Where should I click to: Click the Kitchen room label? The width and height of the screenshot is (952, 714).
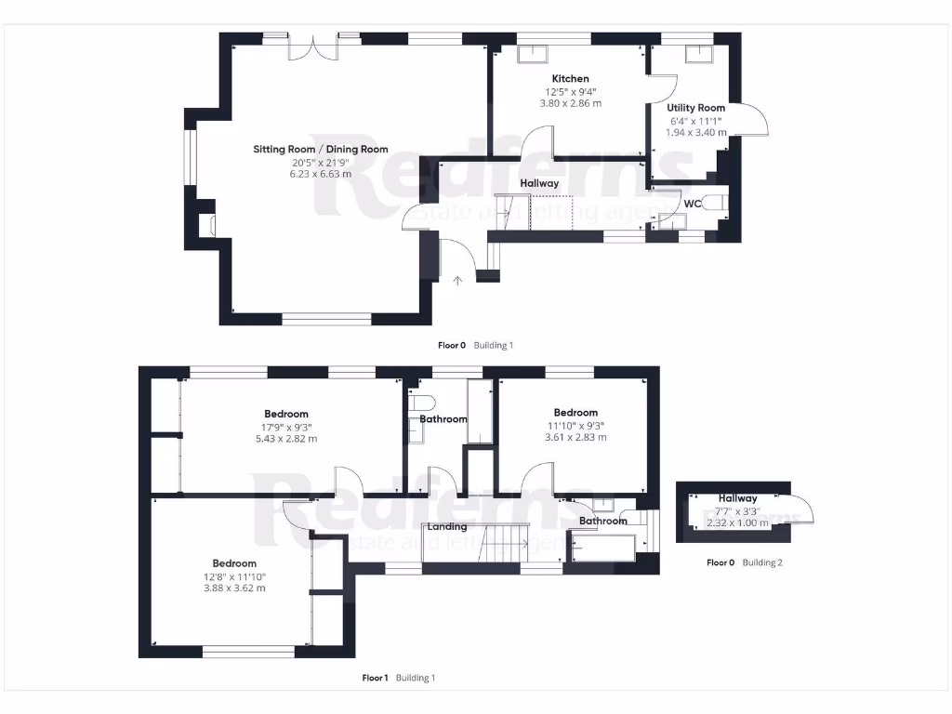(x=570, y=79)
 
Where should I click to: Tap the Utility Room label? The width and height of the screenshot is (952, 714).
(x=695, y=109)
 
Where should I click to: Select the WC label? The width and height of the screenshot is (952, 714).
(x=692, y=203)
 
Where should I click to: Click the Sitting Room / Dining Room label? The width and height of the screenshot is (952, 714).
(x=321, y=150)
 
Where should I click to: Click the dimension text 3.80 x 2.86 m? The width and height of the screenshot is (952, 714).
(x=570, y=103)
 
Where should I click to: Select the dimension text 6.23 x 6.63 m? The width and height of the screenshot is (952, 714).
(x=321, y=174)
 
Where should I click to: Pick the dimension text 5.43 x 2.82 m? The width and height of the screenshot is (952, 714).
(x=286, y=439)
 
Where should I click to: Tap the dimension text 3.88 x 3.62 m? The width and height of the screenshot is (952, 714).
(x=234, y=588)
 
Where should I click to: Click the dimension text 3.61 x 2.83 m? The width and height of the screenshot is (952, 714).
(x=575, y=437)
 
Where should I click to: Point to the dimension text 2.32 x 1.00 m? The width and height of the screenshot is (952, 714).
(x=737, y=522)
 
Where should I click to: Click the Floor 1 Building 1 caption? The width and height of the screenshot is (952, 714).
(x=398, y=678)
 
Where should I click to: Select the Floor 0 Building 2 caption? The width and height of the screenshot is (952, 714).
(x=744, y=562)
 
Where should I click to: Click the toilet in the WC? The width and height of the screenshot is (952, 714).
(x=715, y=204)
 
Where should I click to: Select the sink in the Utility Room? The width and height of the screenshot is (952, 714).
(x=698, y=53)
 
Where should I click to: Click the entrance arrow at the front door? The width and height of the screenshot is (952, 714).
(x=456, y=279)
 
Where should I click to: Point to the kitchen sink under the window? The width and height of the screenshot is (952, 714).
(x=533, y=54)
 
